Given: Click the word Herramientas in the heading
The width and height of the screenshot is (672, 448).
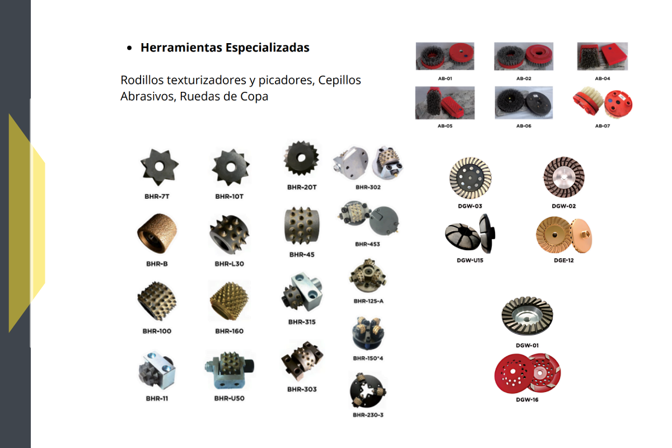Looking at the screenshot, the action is [x=181, y=48].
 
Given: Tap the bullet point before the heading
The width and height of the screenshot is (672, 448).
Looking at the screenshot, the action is [x=129, y=48].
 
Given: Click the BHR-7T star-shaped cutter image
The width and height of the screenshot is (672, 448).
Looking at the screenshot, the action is [x=159, y=167].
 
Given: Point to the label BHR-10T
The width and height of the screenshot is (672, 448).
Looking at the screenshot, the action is [x=229, y=197].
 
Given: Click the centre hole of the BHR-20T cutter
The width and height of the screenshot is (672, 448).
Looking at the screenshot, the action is [x=301, y=157].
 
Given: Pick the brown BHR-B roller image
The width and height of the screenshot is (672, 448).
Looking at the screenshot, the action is [x=157, y=234].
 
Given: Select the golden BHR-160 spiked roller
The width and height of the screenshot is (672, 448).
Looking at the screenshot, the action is [x=230, y=301].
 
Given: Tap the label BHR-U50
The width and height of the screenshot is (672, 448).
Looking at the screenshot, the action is [x=229, y=399].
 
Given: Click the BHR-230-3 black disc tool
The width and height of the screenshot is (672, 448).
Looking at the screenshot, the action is [x=368, y=390].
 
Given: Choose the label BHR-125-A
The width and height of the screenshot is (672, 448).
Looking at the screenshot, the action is [x=368, y=301].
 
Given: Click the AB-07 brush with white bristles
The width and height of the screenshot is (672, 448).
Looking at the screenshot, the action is [x=603, y=102].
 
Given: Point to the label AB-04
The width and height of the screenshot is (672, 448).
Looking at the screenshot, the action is [x=603, y=78].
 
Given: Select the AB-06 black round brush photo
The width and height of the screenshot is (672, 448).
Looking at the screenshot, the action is [x=524, y=103].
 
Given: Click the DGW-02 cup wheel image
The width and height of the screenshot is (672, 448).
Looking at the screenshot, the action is [x=564, y=177].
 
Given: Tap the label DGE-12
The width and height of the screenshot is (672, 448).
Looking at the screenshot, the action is [x=564, y=260].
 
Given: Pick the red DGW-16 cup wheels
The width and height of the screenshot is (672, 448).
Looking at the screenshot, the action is [x=528, y=374].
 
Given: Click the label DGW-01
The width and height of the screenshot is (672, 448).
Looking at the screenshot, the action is [x=527, y=346].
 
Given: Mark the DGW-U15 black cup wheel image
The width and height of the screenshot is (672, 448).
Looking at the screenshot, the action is [x=470, y=234].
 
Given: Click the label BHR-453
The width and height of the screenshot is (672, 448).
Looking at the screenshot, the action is [x=367, y=244].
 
